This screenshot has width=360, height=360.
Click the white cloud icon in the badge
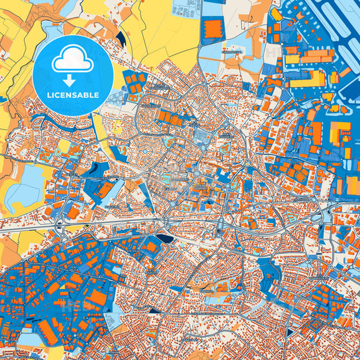(x=72, y=60)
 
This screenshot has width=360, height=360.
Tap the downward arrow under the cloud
(x=72, y=78)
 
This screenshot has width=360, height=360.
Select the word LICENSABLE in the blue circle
(x=72, y=94)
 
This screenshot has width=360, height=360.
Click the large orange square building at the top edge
(x=213, y=28)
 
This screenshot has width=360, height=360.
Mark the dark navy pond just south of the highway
(x=166, y=238)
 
